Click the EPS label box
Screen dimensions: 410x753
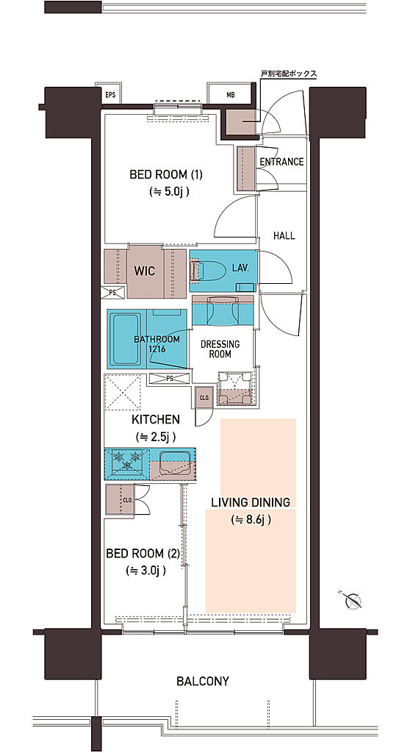(x=110, y=94)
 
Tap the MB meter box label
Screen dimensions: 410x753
(x=231, y=94)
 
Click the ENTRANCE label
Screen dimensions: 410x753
(x=282, y=163)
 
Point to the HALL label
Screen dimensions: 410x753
(x=284, y=236)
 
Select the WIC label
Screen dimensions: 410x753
(x=145, y=271)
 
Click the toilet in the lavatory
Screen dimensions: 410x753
(x=209, y=271)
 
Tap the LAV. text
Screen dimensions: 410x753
(x=240, y=268)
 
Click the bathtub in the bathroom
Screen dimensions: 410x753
(x=126, y=338)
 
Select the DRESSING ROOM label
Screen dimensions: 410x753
(x=220, y=349)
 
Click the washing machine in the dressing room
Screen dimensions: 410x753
(x=235, y=388)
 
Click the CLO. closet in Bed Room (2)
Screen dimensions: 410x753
(x=119, y=500)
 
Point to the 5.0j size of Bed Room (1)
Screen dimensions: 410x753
(x=167, y=192)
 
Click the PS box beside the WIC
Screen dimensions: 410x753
(x=112, y=291)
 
